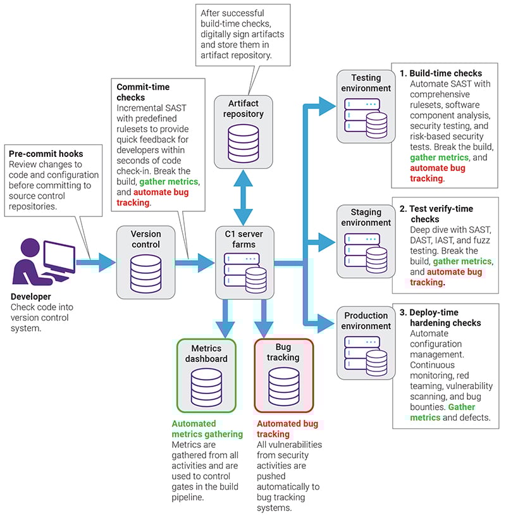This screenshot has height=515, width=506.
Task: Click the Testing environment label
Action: [366, 83]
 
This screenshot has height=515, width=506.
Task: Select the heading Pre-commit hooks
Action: [46, 154]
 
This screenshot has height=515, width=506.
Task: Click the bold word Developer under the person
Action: [31, 296]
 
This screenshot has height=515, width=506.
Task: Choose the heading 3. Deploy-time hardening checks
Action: [440, 318]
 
